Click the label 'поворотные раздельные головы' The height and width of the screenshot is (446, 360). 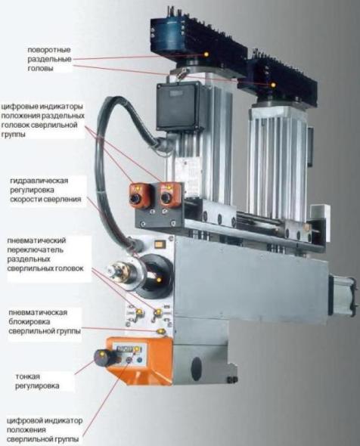[49, 59]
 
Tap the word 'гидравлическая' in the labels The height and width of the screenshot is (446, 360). [39, 181]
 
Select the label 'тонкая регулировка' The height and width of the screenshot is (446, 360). [37, 381]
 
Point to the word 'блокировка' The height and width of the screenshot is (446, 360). [29, 322]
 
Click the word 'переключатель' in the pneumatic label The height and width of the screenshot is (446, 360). [36, 249]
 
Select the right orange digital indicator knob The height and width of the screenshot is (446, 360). [168, 196]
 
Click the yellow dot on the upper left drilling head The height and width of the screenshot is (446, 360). [206, 54]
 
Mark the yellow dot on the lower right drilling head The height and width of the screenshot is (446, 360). [273, 85]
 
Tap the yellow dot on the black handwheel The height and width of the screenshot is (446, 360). [159, 280]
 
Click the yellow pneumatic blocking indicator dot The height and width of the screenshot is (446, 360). [161, 331]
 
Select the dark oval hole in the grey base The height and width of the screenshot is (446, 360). [196, 369]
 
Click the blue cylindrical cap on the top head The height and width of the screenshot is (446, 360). [167, 37]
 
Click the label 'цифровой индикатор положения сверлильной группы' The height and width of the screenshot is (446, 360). [45, 429]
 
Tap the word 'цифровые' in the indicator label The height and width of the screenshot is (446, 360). [18, 107]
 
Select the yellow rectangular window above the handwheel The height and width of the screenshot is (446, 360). [160, 243]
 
